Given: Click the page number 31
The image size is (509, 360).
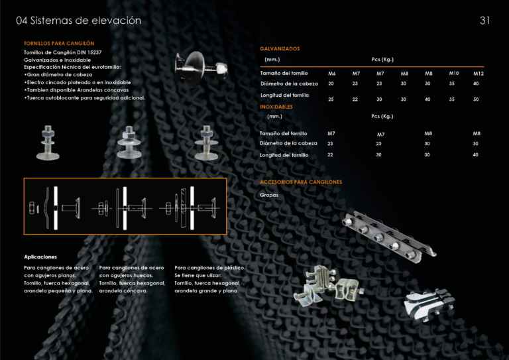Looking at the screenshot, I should [x=484, y=21].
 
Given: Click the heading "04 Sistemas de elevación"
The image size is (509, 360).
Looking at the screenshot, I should [x=79, y=21].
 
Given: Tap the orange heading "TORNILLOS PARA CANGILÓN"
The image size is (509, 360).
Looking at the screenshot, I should [x=59, y=43].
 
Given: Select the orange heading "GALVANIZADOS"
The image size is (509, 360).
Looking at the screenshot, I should [x=280, y=48].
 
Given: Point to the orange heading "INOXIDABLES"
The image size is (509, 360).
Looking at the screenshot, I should [x=276, y=106].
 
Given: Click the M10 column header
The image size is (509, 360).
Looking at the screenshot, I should [x=453, y=73].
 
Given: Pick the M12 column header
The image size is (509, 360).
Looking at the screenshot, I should [x=478, y=74].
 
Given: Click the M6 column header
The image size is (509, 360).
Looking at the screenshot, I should [x=332, y=74].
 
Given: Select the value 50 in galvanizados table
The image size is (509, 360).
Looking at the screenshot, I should [x=476, y=99].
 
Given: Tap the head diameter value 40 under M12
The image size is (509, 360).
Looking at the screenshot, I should [x=476, y=84].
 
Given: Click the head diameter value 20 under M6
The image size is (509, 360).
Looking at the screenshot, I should [x=331, y=84].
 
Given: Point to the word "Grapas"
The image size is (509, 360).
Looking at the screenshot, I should [x=269, y=195].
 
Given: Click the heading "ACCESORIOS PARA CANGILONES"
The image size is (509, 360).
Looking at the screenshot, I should [x=301, y=182].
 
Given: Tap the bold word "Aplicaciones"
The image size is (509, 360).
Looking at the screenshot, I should [x=40, y=257].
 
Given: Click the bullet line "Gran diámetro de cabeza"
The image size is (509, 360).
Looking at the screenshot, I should [x=58, y=75].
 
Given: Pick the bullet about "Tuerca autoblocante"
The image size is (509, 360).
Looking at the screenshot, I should [x=84, y=97].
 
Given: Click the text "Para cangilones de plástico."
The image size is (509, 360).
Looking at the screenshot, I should [x=209, y=267].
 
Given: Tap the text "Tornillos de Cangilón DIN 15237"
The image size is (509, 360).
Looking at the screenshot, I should [x=62, y=52].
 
